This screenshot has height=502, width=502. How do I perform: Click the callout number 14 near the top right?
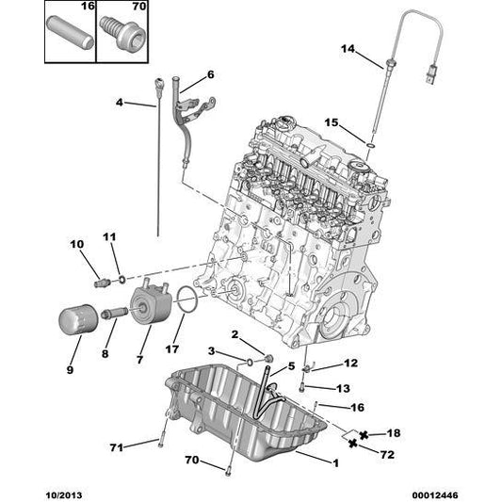(x=348, y=49)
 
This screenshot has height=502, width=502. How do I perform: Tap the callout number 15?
(x=332, y=122)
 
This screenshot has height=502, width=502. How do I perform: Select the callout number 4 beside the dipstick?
(x=120, y=103)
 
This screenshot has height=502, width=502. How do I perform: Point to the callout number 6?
(x=210, y=74)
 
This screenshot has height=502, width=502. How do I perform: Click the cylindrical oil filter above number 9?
(x=73, y=318)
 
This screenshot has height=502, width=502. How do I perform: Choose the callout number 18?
(x=394, y=432)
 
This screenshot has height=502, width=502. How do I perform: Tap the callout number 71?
(x=117, y=446)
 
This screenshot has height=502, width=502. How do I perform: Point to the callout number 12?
(x=350, y=364)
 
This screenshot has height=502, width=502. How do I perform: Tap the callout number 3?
(x=213, y=351)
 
